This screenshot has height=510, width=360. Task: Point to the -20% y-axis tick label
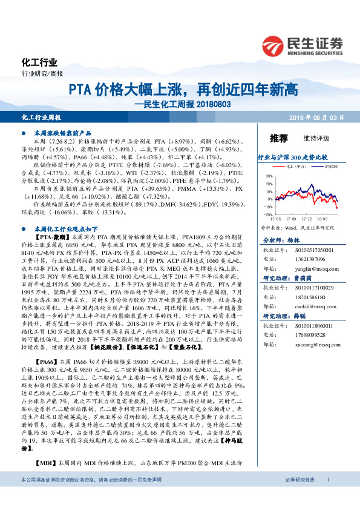[267, 213]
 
